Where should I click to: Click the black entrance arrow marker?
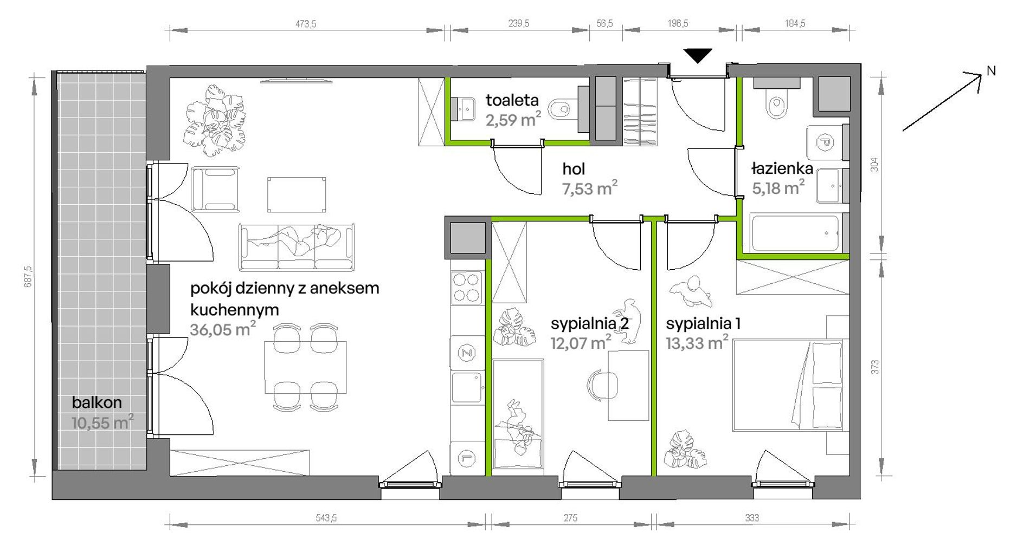698,55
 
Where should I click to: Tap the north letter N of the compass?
991,71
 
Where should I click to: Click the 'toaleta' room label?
512,100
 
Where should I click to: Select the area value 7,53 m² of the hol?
590,188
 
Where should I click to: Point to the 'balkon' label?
97,402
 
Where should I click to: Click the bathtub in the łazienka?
795,233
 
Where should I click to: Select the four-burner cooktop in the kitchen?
467,288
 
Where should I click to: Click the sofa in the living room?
297,247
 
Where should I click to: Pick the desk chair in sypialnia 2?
602,386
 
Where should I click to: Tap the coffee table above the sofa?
297,194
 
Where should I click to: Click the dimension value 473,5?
306,24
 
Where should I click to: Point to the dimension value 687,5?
28,276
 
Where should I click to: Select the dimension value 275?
570,518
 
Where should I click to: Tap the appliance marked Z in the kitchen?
466,353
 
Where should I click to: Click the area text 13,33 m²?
697,343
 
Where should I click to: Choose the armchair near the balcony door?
215,188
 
